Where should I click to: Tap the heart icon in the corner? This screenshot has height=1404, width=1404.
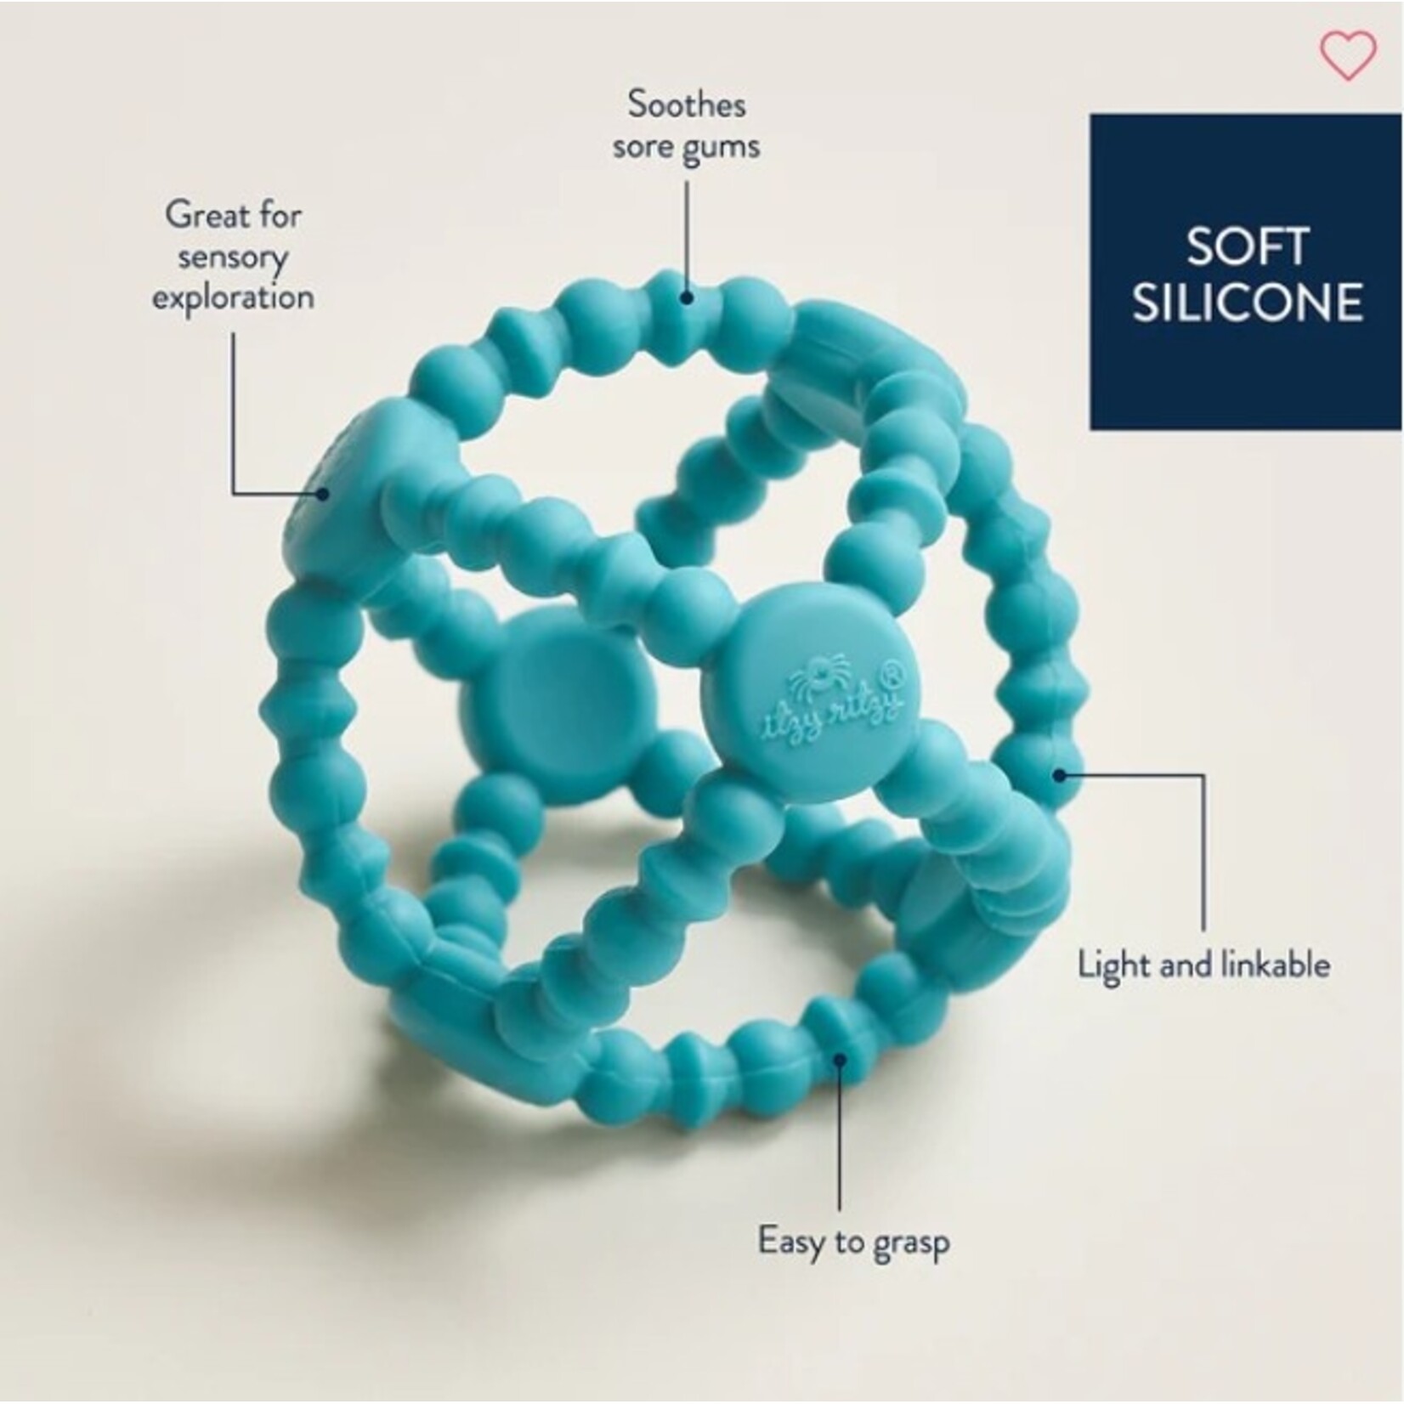1347,55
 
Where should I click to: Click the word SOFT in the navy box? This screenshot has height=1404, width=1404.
1246,246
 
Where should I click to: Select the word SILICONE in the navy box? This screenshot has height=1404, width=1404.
1247,303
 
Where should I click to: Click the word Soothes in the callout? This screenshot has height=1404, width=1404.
687,105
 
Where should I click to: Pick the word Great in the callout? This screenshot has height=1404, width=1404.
197,214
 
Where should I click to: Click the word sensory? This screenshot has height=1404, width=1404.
232,257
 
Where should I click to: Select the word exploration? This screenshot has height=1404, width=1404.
233,298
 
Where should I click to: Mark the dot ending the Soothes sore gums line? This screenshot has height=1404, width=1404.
686,297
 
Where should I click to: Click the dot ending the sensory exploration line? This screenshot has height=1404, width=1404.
322,493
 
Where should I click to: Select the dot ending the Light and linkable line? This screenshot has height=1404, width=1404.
1059,774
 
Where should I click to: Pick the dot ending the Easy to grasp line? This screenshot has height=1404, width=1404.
839,1059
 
